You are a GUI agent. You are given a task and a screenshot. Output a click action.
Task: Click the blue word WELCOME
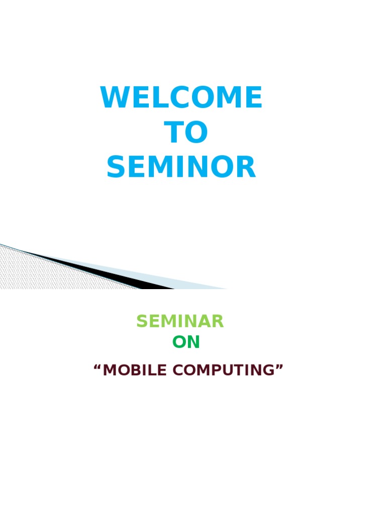pyautogui.click(x=181, y=97)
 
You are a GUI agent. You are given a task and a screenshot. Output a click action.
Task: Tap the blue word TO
pyautogui.click(x=186, y=132)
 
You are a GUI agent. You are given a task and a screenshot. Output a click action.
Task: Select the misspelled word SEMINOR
pyautogui.click(x=181, y=167)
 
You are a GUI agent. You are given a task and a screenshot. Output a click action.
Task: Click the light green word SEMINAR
pyautogui.click(x=180, y=321)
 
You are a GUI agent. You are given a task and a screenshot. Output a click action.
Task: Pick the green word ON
pyautogui.click(x=186, y=342)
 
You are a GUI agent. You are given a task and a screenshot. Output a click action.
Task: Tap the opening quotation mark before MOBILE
pyautogui.click(x=97, y=366)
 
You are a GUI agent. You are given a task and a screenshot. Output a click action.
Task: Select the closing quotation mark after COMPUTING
pyautogui.click(x=279, y=366)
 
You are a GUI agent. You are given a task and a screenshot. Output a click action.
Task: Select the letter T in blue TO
pyautogui.click(x=174, y=132)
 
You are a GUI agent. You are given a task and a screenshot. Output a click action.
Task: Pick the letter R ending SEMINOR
pyautogui.click(x=247, y=167)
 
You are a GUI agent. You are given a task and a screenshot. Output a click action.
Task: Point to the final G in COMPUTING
pyautogui.click(x=268, y=370)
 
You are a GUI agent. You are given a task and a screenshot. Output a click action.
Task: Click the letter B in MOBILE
pyautogui.click(x=137, y=370)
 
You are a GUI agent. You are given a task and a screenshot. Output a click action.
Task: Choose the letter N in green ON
pyautogui.click(x=194, y=342)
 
